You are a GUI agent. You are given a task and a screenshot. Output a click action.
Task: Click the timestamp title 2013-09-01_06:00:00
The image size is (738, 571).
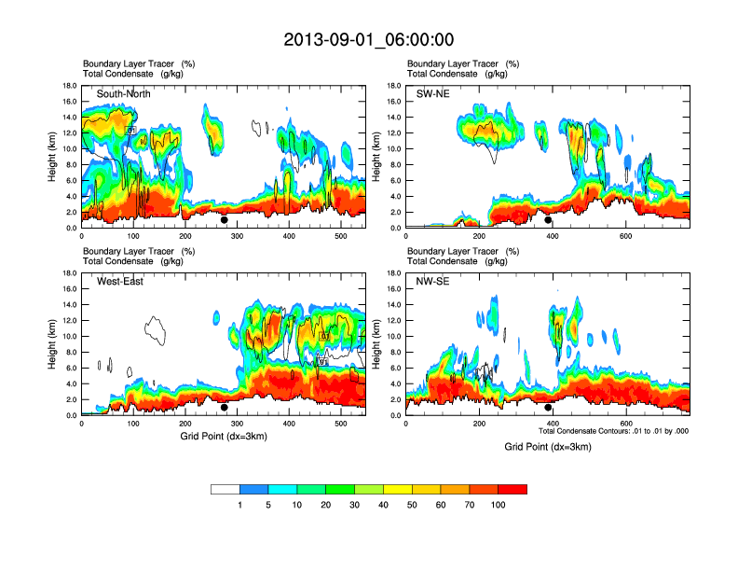(x=368, y=39)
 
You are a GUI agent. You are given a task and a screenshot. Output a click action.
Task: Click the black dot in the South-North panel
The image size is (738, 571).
(x=225, y=220)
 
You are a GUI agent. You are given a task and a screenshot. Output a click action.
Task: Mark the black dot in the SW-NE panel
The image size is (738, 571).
(x=548, y=220)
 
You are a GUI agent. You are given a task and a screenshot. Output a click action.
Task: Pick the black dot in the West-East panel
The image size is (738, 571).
(x=225, y=408)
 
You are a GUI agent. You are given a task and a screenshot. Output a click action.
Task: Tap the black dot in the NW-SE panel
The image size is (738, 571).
(x=548, y=408)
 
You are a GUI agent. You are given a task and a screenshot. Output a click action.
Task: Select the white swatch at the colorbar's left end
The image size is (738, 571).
(x=225, y=489)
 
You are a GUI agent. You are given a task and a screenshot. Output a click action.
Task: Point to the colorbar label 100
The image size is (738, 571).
(x=499, y=505)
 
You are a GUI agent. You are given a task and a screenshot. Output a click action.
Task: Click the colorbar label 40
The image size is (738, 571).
(x=383, y=505)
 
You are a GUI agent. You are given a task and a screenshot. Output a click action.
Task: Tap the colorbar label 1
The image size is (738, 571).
(x=240, y=505)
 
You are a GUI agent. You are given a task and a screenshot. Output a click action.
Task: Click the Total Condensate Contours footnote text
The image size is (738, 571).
(x=613, y=431)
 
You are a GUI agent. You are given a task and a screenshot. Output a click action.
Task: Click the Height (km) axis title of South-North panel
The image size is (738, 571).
(x=54, y=156)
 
